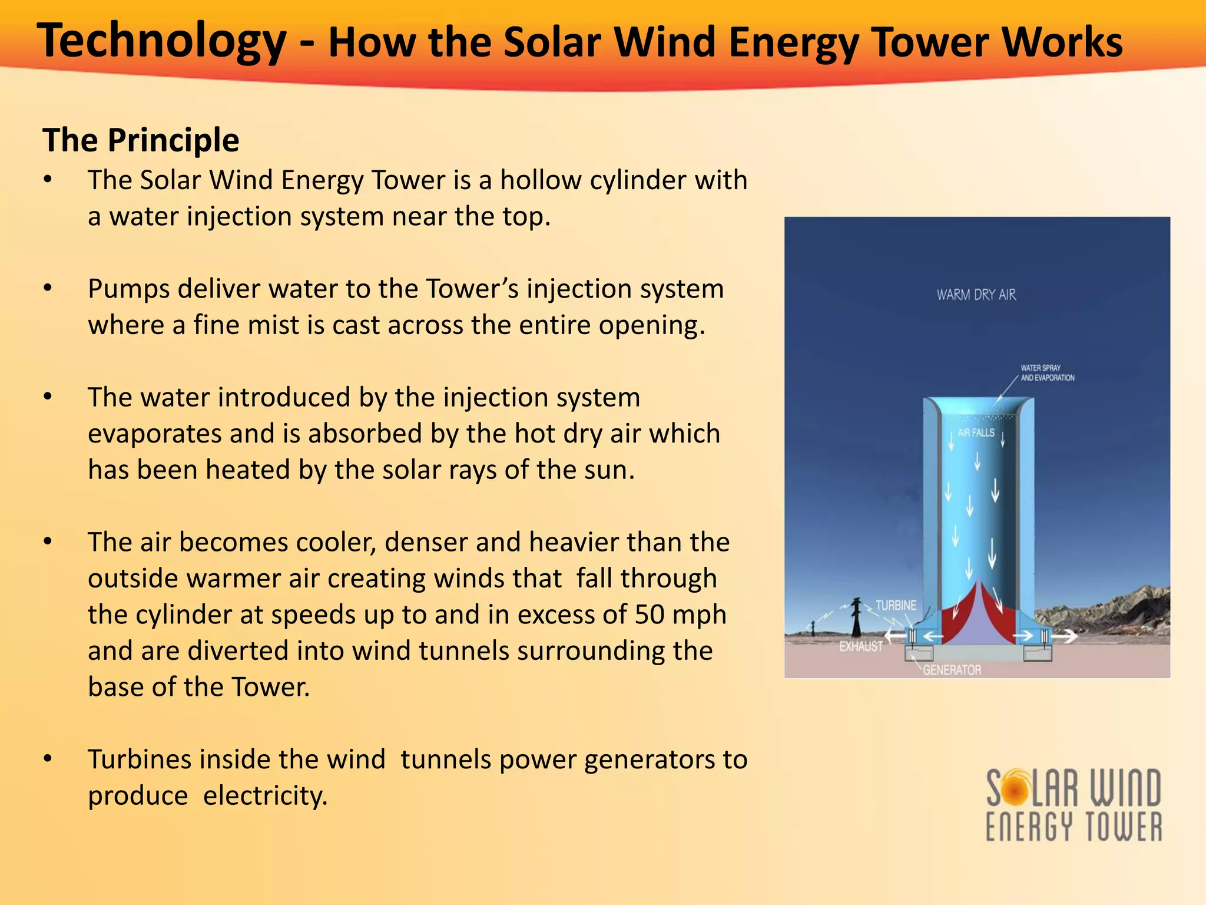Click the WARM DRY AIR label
(x=976, y=295)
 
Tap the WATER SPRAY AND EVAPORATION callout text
(x=1047, y=373)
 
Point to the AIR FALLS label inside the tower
(x=976, y=433)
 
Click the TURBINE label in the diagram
(x=896, y=606)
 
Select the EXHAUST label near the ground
(x=861, y=647)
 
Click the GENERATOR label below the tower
(x=952, y=671)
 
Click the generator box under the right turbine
(x=1038, y=653)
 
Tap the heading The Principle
(x=141, y=140)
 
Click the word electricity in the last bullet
(x=265, y=796)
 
